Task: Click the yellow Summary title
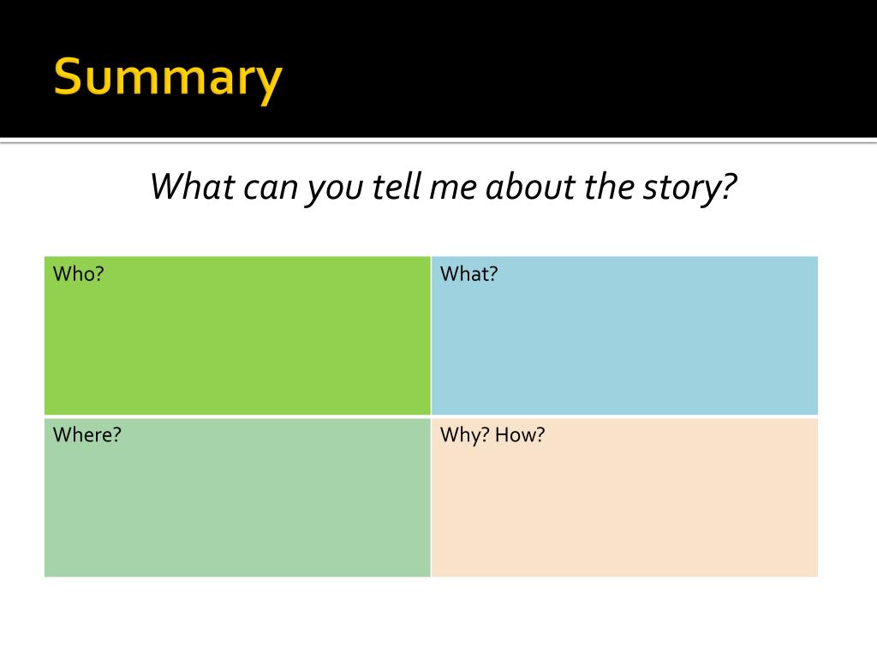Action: pyautogui.click(x=168, y=78)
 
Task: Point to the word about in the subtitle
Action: pyautogui.click(x=530, y=186)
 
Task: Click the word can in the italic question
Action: pyautogui.click(x=268, y=186)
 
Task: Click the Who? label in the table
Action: pyautogui.click(x=78, y=274)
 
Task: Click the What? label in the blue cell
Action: pyautogui.click(x=468, y=274)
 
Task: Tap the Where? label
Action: pyautogui.click(x=87, y=435)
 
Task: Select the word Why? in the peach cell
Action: pyautogui.click(x=464, y=435)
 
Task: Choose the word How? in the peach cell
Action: pyautogui.click(x=519, y=435)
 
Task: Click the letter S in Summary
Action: pyautogui.click(x=69, y=78)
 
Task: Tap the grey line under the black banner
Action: pyautogui.click(x=438, y=141)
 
